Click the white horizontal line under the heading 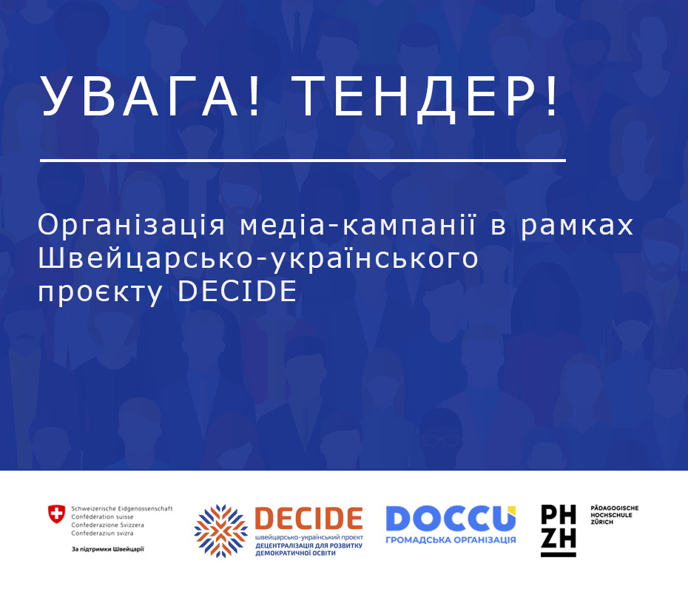click(x=303, y=161)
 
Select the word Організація click(x=131, y=226)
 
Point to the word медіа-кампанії click(x=357, y=224)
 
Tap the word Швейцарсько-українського click(x=258, y=260)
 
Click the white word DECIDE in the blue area click(x=237, y=291)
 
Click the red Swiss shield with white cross click(x=56, y=514)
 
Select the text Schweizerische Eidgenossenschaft click(x=122, y=508)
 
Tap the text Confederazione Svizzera click(x=107, y=525)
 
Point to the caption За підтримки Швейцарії click(x=107, y=549)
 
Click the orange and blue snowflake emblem click(x=220, y=531)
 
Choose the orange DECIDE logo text click(x=309, y=518)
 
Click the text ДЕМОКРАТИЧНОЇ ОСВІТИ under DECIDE click(x=295, y=554)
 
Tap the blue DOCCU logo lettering click(x=451, y=518)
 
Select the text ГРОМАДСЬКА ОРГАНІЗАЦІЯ click(x=451, y=539)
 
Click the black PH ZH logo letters click(x=558, y=531)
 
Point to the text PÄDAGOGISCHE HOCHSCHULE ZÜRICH click(x=614, y=515)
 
